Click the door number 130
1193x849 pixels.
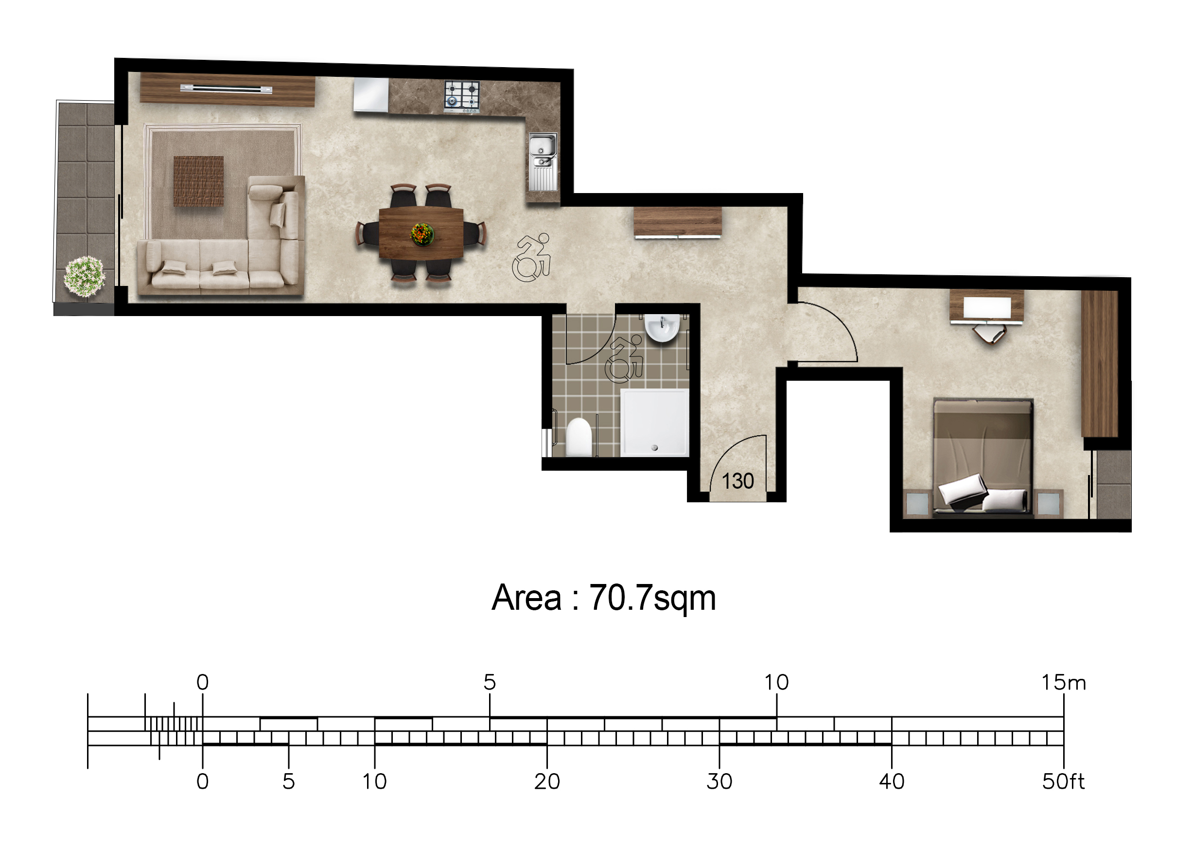pos(737,481)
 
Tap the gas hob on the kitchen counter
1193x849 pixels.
pos(462,97)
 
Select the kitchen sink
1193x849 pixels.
pos(543,162)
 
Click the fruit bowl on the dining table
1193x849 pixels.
pos(422,234)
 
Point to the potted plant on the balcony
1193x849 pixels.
pos(84,276)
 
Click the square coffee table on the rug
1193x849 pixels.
pos(198,181)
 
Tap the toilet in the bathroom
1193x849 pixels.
pos(579,437)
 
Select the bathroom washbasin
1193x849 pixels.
pos(662,328)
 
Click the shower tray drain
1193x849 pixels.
pos(654,447)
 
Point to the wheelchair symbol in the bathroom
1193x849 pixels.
pos(624,359)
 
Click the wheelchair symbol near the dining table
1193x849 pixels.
pos(531,257)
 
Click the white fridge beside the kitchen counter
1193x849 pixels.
pos(371,95)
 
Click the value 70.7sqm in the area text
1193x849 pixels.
pos(653,598)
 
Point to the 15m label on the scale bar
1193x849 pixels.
pos(1063,682)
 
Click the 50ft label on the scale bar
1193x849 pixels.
pos(1063,781)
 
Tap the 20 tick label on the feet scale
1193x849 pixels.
pos(546,781)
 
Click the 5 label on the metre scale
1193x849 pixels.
pos(489,682)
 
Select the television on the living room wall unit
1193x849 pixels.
pos(226,89)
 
